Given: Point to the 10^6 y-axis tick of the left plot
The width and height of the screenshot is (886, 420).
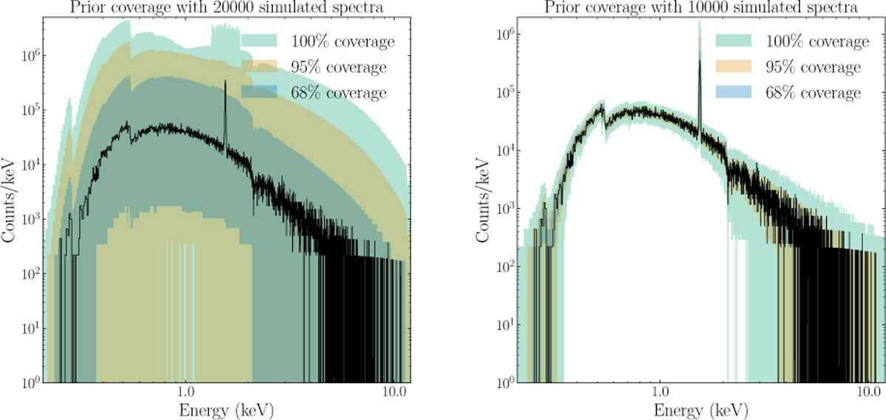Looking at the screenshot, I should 34,56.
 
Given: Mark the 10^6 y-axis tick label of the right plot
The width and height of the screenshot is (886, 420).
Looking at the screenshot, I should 509,34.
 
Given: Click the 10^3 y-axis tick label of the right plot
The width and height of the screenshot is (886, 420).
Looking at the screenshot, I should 509,209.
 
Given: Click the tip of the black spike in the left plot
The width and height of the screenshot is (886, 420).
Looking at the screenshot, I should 224,81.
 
